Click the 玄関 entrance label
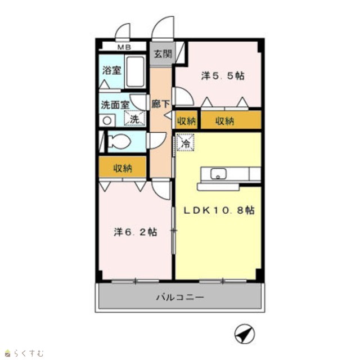(163, 54)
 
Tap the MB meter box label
(124, 47)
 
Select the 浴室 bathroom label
(111, 70)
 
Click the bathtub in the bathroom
(135, 71)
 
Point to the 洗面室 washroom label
(115, 105)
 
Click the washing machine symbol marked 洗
(135, 119)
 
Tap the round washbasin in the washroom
(107, 120)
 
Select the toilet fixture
(119, 141)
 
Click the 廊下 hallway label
(160, 104)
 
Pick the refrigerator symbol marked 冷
(185, 143)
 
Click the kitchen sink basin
(218, 174)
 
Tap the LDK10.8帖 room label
(219, 210)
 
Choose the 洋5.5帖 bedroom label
(223, 76)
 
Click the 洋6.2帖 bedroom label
(136, 232)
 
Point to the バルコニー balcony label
(180, 298)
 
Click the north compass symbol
(245, 334)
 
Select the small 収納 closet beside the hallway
(186, 120)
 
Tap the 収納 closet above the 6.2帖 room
(123, 167)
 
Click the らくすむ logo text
(29, 353)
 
